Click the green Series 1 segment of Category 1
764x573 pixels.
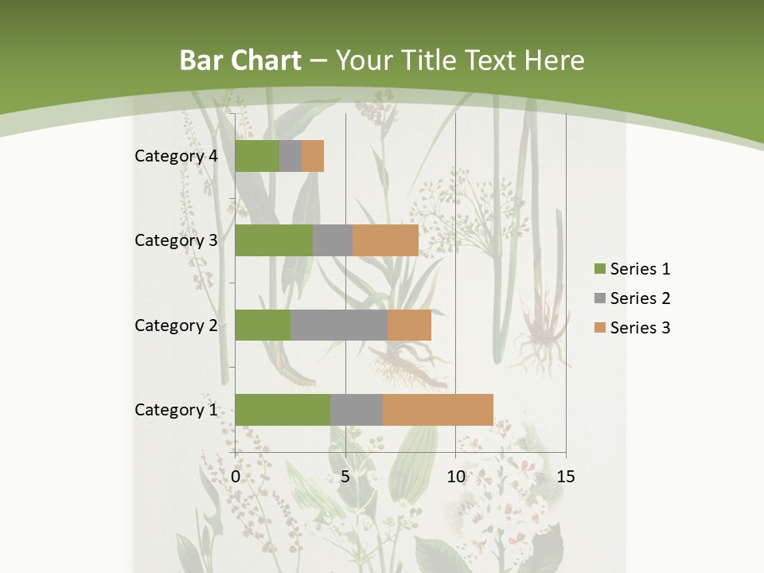[283, 410]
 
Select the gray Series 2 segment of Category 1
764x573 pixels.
[357, 410]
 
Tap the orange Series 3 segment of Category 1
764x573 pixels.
[438, 410]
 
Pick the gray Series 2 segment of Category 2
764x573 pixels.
[339, 325]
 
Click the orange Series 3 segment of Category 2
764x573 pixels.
[409, 325]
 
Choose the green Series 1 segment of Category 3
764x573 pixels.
[274, 240]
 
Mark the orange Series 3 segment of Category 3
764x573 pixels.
[386, 240]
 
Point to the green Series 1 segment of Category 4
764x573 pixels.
[257, 156]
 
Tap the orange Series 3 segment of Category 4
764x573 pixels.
[313, 156]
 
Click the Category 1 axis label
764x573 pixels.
[176, 410]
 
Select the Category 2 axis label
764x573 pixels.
[176, 325]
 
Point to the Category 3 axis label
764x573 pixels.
[176, 240]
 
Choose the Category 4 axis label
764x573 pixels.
[176, 156]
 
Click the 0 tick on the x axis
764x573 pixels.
[236, 477]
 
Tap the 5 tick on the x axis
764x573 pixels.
[345, 477]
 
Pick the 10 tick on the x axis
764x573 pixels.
[455, 477]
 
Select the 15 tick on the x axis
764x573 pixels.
[565, 477]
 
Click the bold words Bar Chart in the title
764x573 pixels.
[240, 60]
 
